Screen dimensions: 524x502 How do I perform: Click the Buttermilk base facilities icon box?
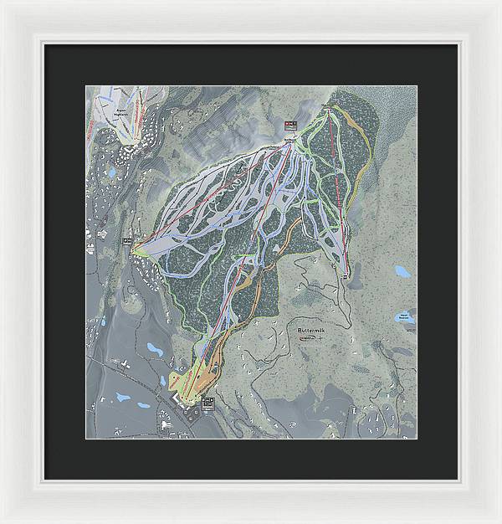pyautogui.click(x=207, y=403)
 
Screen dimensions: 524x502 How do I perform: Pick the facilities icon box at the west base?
pyautogui.click(x=128, y=242)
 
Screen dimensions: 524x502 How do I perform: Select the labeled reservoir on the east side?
pyautogui.click(x=404, y=318)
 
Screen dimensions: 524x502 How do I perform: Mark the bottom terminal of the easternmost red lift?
pyautogui.click(x=346, y=270)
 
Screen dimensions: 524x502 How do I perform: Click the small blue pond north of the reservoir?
pyautogui.click(x=403, y=271)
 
